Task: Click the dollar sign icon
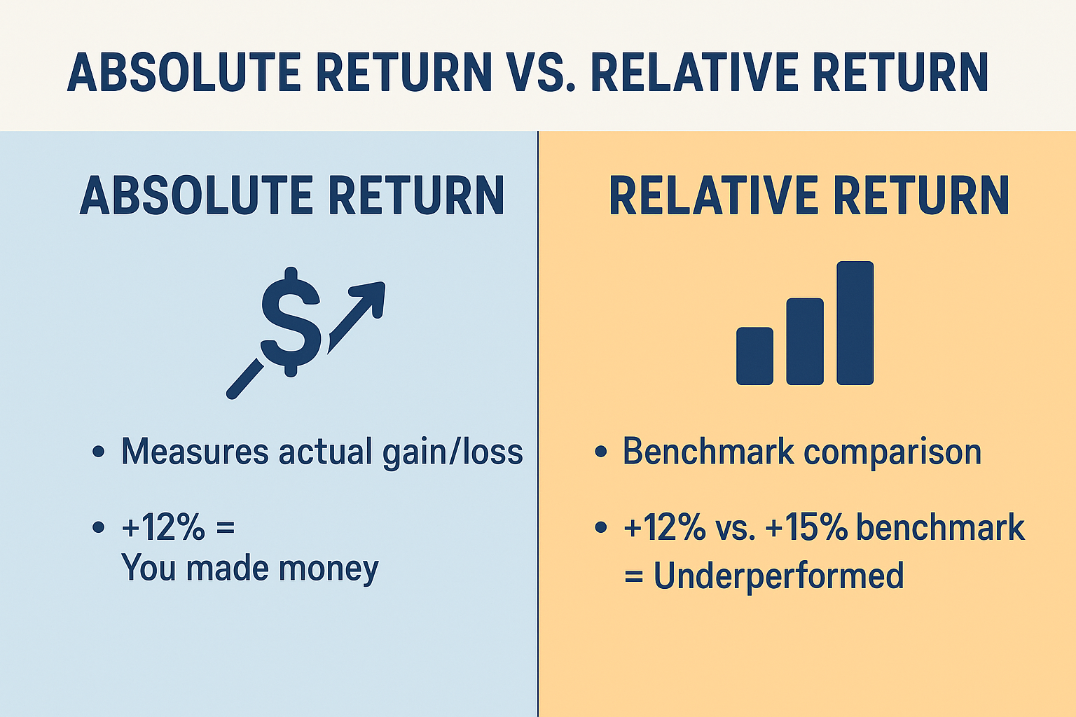coord(291,322)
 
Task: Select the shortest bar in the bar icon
coord(754,356)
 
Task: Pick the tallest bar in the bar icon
coord(855,323)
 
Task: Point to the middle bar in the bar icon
coord(805,342)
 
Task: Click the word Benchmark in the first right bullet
coord(708,451)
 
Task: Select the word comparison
coord(892,454)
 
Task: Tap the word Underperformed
coord(779,576)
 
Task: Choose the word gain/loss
coord(453,453)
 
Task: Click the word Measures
coord(195,452)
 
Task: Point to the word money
coord(329,570)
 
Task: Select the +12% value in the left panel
coord(163,527)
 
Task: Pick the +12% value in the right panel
coord(665,527)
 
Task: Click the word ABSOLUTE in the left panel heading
coord(196,196)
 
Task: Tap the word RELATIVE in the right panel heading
coord(713,196)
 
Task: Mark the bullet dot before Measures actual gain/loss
coord(99,452)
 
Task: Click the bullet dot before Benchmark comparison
coord(600,452)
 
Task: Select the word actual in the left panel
coord(325,452)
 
